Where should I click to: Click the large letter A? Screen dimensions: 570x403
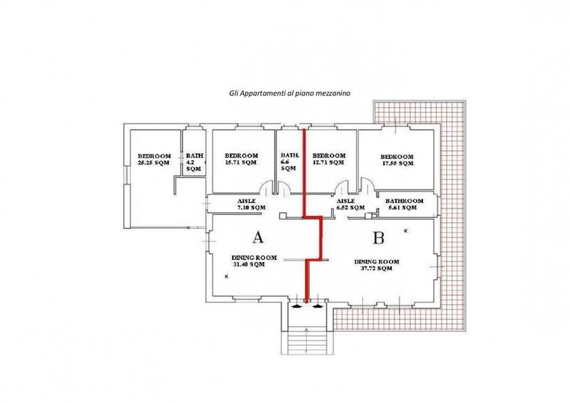click(x=258, y=237)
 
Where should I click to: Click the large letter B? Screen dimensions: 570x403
click(x=378, y=238)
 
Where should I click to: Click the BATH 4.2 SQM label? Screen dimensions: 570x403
click(x=195, y=162)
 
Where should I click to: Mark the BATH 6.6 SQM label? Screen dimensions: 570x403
click(x=290, y=162)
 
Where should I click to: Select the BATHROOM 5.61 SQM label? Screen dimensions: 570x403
click(x=404, y=204)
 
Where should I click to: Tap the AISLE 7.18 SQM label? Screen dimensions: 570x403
click(x=252, y=204)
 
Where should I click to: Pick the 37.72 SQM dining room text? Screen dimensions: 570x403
click(x=376, y=265)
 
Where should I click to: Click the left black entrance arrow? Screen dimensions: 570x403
click(x=297, y=306)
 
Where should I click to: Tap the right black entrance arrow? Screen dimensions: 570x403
click(x=318, y=306)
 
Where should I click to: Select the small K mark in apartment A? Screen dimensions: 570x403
click(x=227, y=277)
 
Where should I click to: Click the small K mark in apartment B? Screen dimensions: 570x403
click(x=405, y=231)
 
